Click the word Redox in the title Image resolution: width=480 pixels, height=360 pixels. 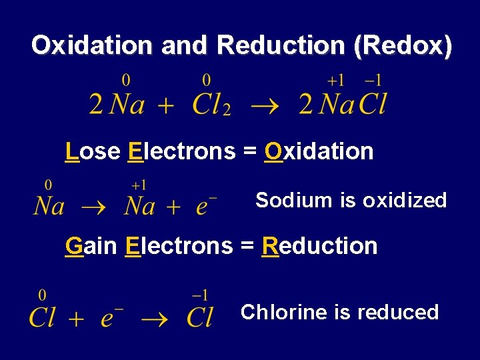click(x=403, y=45)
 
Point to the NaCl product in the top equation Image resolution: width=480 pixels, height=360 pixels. click(x=352, y=104)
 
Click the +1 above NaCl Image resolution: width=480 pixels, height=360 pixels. click(x=336, y=81)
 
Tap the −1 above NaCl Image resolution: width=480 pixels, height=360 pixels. click(x=373, y=81)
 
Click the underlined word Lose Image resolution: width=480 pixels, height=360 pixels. click(x=92, y=152)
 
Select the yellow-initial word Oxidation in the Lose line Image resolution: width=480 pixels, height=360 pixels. click(x=319, y=152)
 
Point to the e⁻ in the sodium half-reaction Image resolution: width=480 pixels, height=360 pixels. click(x=205, y=206)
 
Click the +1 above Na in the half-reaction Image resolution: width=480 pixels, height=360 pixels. click(x=138, y=185)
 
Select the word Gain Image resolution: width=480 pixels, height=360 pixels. click(x=91, y=246)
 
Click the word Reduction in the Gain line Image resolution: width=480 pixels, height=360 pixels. click(x=319, y=246)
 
